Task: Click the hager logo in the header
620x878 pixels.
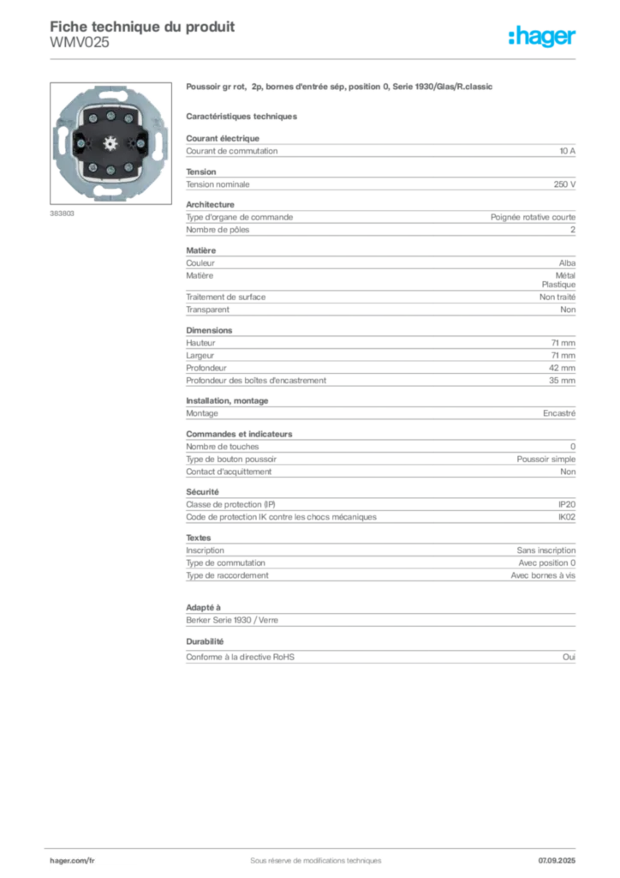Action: click(x=541, y=37)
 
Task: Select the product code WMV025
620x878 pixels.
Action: click(x=80, y=43)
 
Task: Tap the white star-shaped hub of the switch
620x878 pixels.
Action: click(x=110, y=143)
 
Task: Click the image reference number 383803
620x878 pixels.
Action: click(x=62, y=213)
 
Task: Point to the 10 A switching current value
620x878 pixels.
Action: click(x=568, y=151)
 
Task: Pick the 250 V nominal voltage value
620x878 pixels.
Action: click(x=564, y=184)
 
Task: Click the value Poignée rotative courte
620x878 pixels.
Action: click(x=533, y=217)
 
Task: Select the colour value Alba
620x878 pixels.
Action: click(x=567, y=263)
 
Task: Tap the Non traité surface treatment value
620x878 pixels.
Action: click(x=557, y=298)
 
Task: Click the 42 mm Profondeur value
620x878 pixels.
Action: click(x=562, y=368)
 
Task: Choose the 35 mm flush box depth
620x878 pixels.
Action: click(x=562, y=381)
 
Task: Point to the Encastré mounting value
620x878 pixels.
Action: click(x=559, y=413)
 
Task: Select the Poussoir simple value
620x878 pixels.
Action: click(x=546, y=460)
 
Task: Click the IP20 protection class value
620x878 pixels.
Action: click(x=567, y=504)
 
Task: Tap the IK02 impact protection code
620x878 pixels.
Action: click(x=567, y=517)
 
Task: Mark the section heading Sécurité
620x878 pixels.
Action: click(x=202, y=492)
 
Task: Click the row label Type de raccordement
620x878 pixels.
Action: click(x=227, y=575)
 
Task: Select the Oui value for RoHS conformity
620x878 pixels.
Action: click(x=569, y=658)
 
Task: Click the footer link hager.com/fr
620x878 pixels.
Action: click(x=72, y=861)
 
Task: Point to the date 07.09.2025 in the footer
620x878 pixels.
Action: click(x=557, y=861)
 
